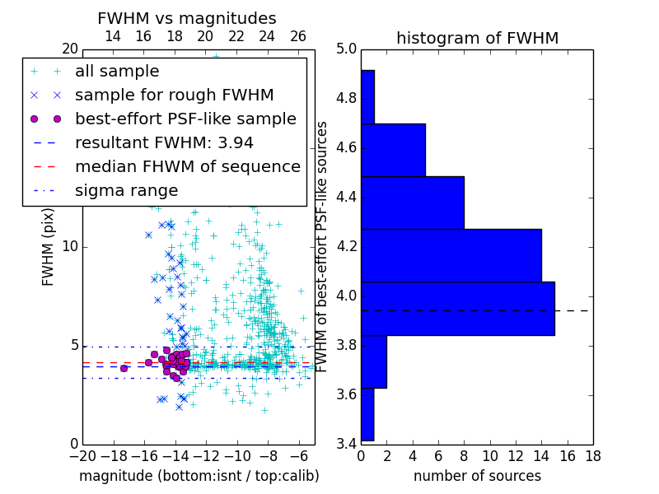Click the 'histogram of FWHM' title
pyautogui.click(x=477, y=38)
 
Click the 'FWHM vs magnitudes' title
pyautogui.click(x=187, y=18)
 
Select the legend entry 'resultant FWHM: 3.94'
pyautogui.click(x=164, y=142)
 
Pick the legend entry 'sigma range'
pyautogui.click(x=126, y=190)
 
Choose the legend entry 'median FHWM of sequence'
pyautogui.click(x=187, y=166)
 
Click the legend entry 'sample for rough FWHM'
pyautogui.click(x=174, y=95)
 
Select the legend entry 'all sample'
pyautogui.click(x=117, y=71)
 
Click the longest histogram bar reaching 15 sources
pyautogui.click(x=458, y=308)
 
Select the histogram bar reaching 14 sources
pyautogui.click(x=451, y=255)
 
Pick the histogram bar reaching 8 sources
pyautogui.click(x=412, y=203)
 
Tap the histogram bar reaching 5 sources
pyautogui.click(x=393, y=150)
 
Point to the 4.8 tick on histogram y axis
pyautogui.click(x=346, y=98)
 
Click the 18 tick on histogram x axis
pyautogui.click(x=591, y=455)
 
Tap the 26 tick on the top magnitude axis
pyautogui.click(x=298, y=36)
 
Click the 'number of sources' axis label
pyautogui.click(x=477, y=476)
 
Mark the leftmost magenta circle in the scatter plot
pyautogui.click(x=124, y=368)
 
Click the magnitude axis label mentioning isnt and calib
pyautogui.click(x=199, y=476)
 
